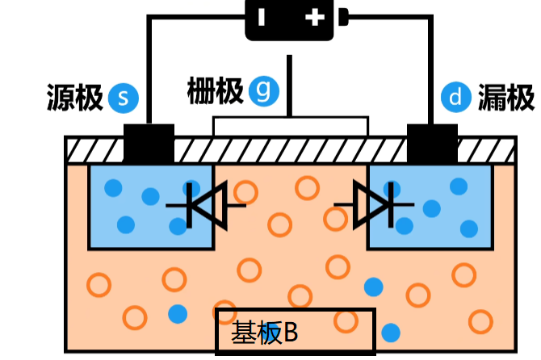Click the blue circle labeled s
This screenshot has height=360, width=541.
(x=124, y=98)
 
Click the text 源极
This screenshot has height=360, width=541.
(x=75, y=98)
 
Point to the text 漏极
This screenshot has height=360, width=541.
(x=506, y=98)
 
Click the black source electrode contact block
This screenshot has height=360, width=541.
(x=149, y=143)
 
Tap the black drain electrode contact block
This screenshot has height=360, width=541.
(x=432, y=143)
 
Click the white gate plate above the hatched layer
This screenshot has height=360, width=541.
(x=290, y=126)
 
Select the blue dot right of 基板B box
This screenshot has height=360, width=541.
(x=391, y=332)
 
